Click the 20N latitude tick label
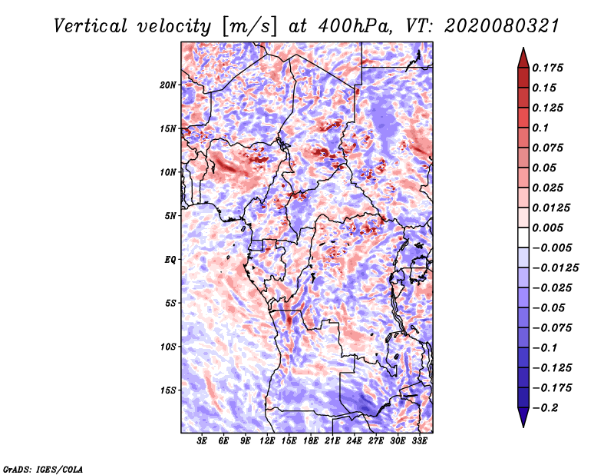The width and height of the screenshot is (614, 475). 167,85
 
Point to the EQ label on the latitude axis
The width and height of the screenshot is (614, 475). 170,260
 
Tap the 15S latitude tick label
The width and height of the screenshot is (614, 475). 168,390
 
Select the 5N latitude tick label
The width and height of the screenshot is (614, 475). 170,216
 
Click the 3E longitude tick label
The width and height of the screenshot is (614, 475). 202,441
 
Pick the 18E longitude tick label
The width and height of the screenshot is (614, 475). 311,441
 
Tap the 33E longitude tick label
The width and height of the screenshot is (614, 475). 419,441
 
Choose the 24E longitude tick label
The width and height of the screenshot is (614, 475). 354,441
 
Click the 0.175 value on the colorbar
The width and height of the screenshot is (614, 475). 547,68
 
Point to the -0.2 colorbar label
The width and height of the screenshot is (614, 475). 545,408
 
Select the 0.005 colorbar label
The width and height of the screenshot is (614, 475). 547,228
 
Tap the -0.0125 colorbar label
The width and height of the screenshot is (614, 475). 555,268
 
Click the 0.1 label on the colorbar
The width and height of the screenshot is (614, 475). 540,128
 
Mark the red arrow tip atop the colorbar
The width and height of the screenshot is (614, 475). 523,48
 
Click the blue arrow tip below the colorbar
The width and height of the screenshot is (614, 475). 523,426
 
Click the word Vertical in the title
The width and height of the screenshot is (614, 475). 91,26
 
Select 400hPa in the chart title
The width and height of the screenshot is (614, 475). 355,26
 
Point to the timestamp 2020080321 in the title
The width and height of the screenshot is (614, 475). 502,26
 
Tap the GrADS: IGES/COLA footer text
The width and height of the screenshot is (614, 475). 43,469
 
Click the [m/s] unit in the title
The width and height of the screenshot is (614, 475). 249,27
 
